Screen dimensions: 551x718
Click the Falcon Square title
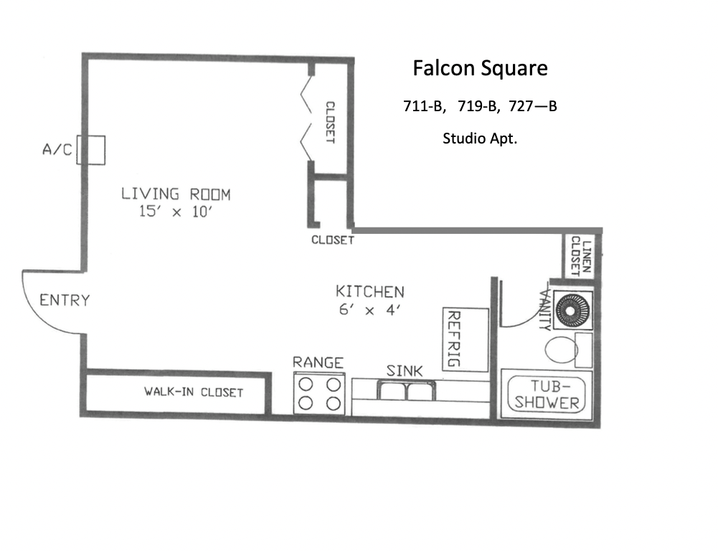point(480,69)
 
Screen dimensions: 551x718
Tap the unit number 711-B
point(424,107)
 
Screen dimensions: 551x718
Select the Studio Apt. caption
point(480,138)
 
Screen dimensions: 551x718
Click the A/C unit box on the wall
point(93,150)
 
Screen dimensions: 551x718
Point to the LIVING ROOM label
point(176,194)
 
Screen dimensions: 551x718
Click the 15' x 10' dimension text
point(176,212)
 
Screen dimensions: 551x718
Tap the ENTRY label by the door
point(65,300)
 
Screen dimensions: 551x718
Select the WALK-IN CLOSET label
point(194,392)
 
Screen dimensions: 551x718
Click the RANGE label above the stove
point(318,363)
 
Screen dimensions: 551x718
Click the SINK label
point(405,371)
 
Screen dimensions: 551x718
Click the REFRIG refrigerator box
point(465,339)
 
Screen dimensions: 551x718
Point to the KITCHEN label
point(370,292)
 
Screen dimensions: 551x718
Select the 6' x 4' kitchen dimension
point(370,310)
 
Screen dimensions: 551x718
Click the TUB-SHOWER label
point(547,394)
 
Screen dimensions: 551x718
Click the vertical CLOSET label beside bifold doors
point(330,122)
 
